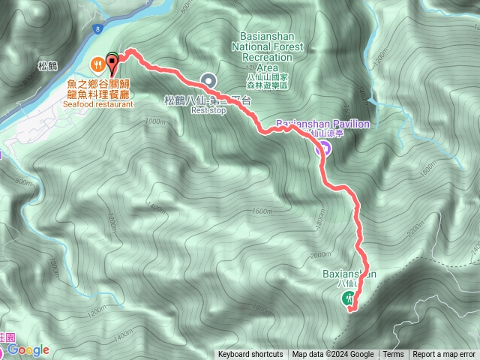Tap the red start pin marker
[x=112, y=60]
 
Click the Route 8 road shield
[x=97, y=28]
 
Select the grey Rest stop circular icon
[x=209, y=80]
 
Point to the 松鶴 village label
[x=46, y=66]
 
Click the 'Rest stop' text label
[x=208, y=109]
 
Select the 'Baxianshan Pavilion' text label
[x=322, y=123]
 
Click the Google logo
[x=28, y=350]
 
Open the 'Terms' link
[x=393, y=355]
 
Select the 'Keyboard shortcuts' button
[x=250, y=355]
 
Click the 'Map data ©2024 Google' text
[x=333, y=355]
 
